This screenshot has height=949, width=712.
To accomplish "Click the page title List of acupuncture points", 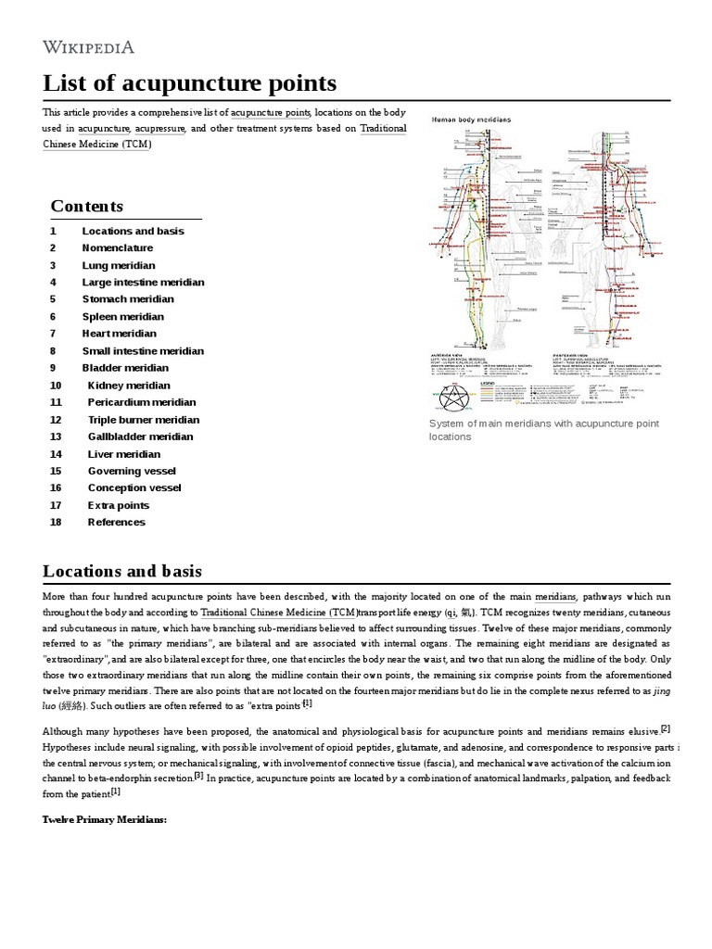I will click(x=190, y=82).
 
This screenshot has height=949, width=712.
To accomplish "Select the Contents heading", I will click(x=86, y=206).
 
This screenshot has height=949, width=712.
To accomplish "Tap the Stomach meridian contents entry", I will click(x=128, y=299).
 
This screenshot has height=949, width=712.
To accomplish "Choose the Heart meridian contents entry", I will click(x=120, y=334).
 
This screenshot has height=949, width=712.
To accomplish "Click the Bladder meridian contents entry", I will click(x=126, y=368).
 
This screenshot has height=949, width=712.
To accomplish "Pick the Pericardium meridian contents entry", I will click(x=142, y=402).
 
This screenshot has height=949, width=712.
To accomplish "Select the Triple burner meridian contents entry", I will click(x=144, y=420).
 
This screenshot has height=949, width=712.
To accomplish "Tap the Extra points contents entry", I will click(x=119, y=505).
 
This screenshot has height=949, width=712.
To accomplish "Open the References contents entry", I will click(x=117, y=522).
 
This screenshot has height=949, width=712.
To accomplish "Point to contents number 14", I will click(x=56, y=454).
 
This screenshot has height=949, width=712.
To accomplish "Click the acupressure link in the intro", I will click(x=160, y=129).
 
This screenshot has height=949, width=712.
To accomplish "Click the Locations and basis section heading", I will click(x=122, y=570).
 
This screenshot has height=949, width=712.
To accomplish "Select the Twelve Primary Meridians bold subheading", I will click(x=104, y=820).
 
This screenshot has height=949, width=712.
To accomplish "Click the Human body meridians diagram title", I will click(x=471, y=120).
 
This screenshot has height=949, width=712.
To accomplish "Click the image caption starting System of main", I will click(x=543, y=429).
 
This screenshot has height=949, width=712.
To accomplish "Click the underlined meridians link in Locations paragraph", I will click(x=555, y=597).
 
